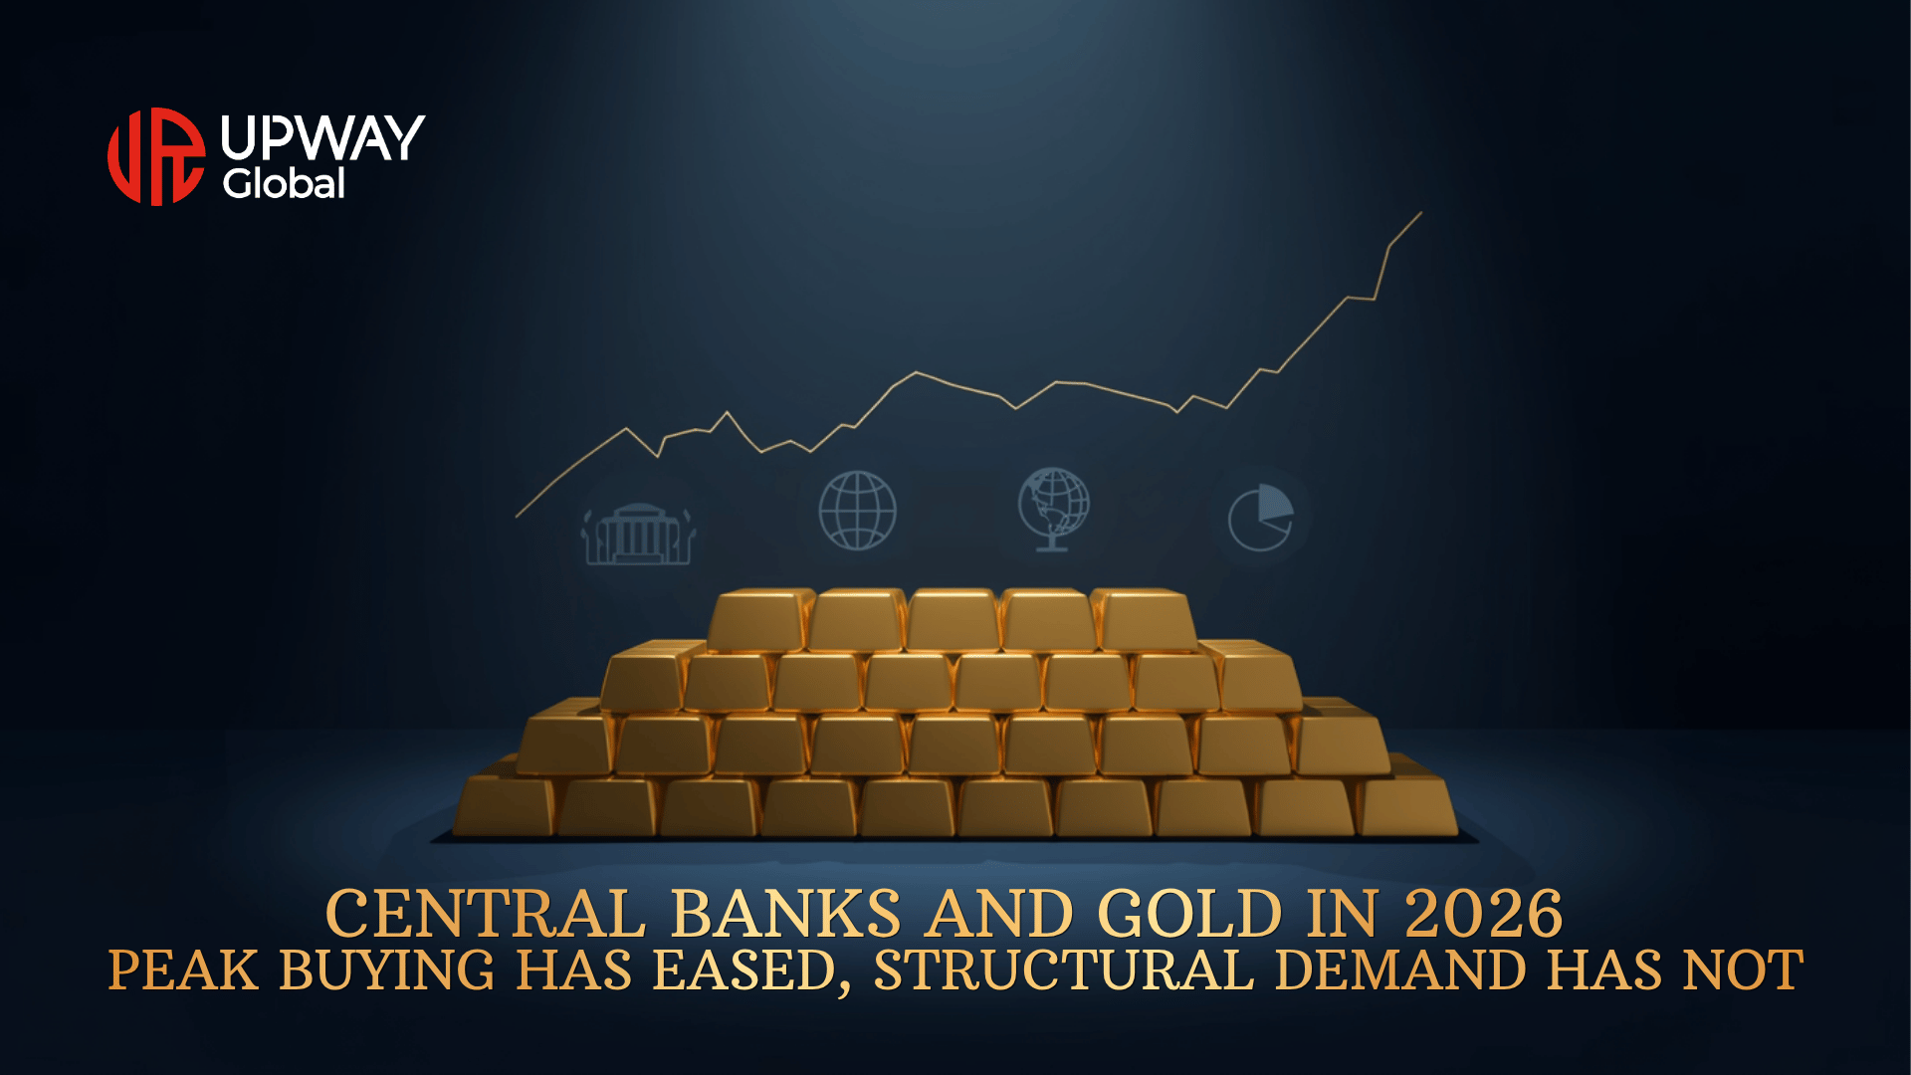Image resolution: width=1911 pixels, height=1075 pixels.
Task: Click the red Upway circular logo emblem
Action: point(156,156)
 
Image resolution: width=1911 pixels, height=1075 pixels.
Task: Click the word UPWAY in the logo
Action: point(322,137)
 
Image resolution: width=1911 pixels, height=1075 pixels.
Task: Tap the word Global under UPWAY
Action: point(284,183)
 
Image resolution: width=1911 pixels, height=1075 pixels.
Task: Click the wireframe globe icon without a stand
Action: point(857,511)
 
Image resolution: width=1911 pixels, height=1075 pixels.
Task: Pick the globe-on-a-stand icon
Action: point(1054,509)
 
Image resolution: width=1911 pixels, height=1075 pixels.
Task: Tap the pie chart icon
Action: point(1261,517)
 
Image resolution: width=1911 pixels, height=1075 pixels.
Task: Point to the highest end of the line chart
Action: point(1421,212)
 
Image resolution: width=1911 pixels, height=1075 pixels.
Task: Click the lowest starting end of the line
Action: point(516,517)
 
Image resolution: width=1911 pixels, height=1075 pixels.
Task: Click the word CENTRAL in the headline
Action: point(486,914)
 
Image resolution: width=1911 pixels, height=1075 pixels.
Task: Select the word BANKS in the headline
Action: point(786,914)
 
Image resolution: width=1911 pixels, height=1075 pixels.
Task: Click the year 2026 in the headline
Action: point(1484,914)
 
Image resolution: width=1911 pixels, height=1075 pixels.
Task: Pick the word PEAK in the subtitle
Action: point(183,970)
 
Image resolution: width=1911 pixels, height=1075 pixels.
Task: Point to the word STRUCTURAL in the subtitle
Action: point(1063,970)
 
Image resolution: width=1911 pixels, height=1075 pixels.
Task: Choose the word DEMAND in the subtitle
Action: point(1400,970)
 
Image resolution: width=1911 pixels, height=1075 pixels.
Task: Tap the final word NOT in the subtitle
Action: point(1743,970)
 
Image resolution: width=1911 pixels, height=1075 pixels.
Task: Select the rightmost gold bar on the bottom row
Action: point(1407,805)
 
